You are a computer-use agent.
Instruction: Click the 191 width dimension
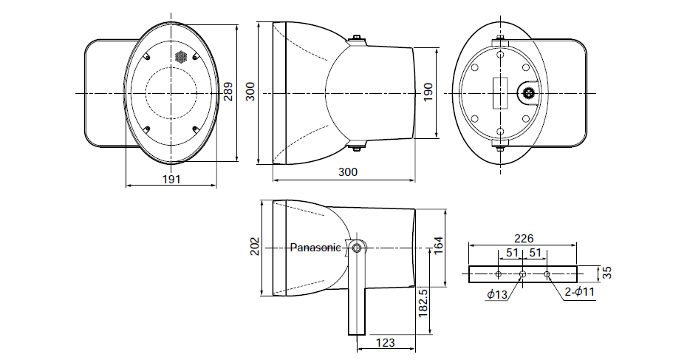tap(171, 179)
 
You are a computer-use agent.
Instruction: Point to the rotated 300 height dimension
tap(250, 92)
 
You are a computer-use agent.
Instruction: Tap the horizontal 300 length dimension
tap(347, 172)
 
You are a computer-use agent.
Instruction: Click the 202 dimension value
tap(255, 247)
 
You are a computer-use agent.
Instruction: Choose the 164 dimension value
tap(438, 243)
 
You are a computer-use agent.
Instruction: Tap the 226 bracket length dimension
tap(522, 239)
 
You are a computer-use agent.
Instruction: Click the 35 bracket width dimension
tap(607, 272)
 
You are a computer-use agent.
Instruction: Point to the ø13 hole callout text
tap(497, 296)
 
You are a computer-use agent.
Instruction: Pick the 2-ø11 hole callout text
tap(579, 293)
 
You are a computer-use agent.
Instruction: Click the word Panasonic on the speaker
tap(315, 248)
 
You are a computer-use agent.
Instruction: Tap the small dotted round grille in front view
tap(180, 57)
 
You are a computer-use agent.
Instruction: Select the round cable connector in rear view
tap(528, 93)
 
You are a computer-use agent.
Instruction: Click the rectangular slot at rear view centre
tap(500, 93)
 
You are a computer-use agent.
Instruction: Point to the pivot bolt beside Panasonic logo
tap(358, 248)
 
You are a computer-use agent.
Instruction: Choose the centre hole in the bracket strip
tap(522, 274)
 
